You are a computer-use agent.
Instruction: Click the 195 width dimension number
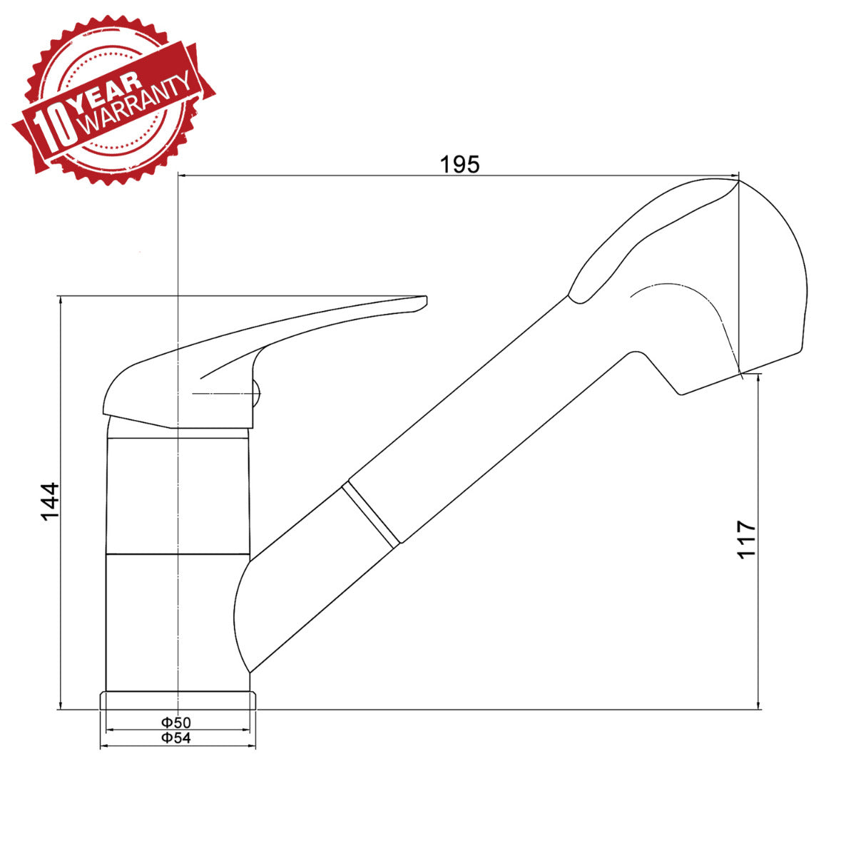click(459, 164)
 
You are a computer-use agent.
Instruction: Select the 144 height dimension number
click(49, 501)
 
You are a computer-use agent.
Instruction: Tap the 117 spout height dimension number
click(746, 539)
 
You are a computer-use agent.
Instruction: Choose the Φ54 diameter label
click(175, 738)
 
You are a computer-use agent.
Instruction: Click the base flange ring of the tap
click(178, 700)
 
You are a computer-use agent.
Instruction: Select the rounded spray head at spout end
click(742, 285)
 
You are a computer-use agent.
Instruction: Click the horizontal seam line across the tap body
click(178, 554)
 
